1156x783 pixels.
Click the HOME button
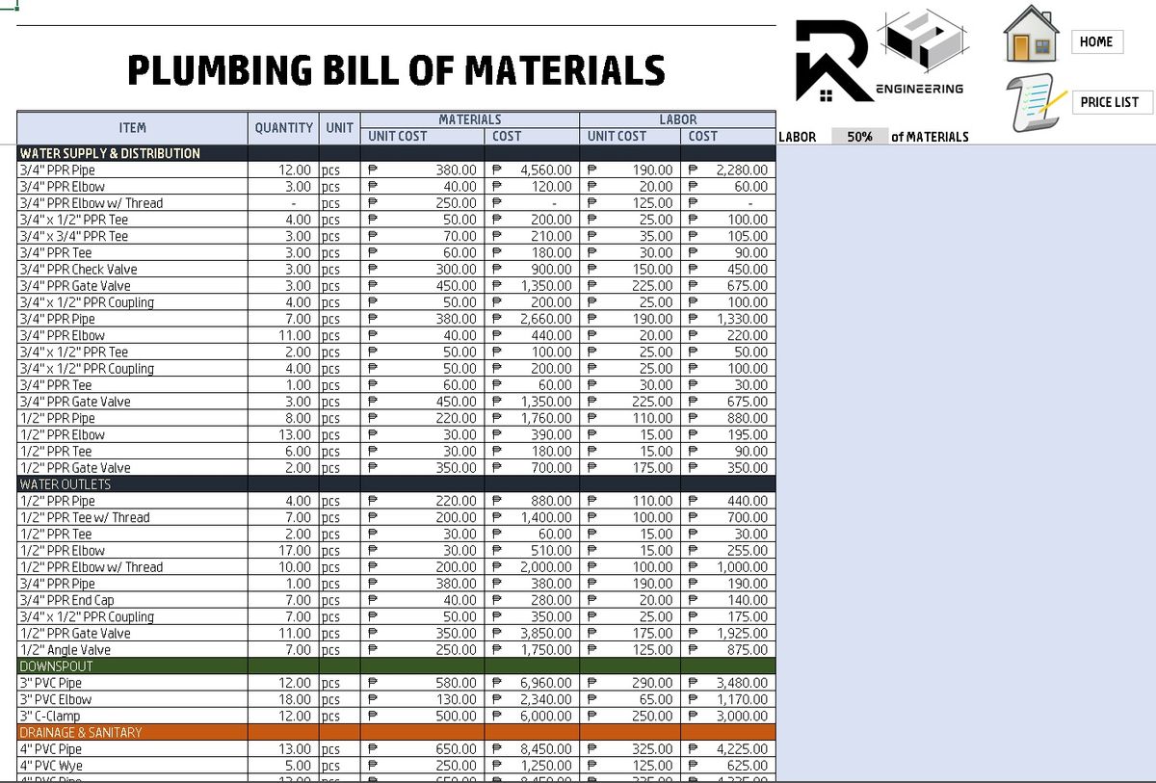(x=1096, y=41)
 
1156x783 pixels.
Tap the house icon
(x=1031, y=35)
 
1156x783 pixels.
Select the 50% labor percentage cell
(x=859, y=137)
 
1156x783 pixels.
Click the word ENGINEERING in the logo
(x=919, y=89)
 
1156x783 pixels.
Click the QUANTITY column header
(x=283, y=127)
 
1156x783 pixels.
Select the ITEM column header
(x=133, y=127)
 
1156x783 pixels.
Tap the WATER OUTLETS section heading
(x=66, y=484)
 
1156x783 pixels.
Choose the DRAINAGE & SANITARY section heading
(x=81, y=733)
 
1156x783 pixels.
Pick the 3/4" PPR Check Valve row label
(x=79, y=270)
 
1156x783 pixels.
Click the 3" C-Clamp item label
(x=50, y=717)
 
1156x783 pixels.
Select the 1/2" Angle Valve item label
(x=66, y=650)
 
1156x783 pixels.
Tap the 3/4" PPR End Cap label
(x=67, y=600)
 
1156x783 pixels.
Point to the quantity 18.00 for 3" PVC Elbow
(x=295, y=699)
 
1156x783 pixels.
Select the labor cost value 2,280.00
(x=741, y=170)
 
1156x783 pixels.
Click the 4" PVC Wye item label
(x=51, y=766)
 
